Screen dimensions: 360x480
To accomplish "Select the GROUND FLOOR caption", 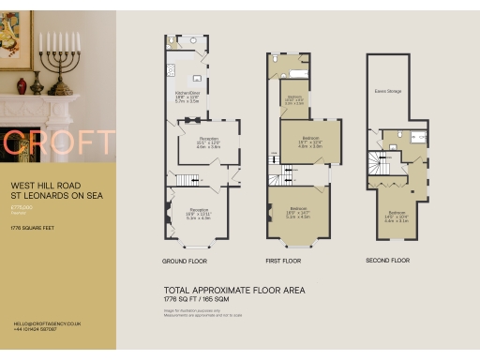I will pos(184,261).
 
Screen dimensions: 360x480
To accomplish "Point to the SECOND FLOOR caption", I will pos(388,261).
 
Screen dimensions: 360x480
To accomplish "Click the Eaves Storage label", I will pos(387,92).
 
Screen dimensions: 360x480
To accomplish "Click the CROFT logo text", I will pos(58,142).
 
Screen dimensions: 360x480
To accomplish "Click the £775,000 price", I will pos(22,206).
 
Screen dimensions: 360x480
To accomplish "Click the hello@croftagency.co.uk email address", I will pos(47,322).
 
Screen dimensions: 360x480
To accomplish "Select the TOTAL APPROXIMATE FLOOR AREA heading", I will pos(233,290).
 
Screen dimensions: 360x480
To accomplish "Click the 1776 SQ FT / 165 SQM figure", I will pos(204,299).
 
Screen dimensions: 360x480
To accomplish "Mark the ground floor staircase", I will pos(188,179).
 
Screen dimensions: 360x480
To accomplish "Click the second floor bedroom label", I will pos(397,214).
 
